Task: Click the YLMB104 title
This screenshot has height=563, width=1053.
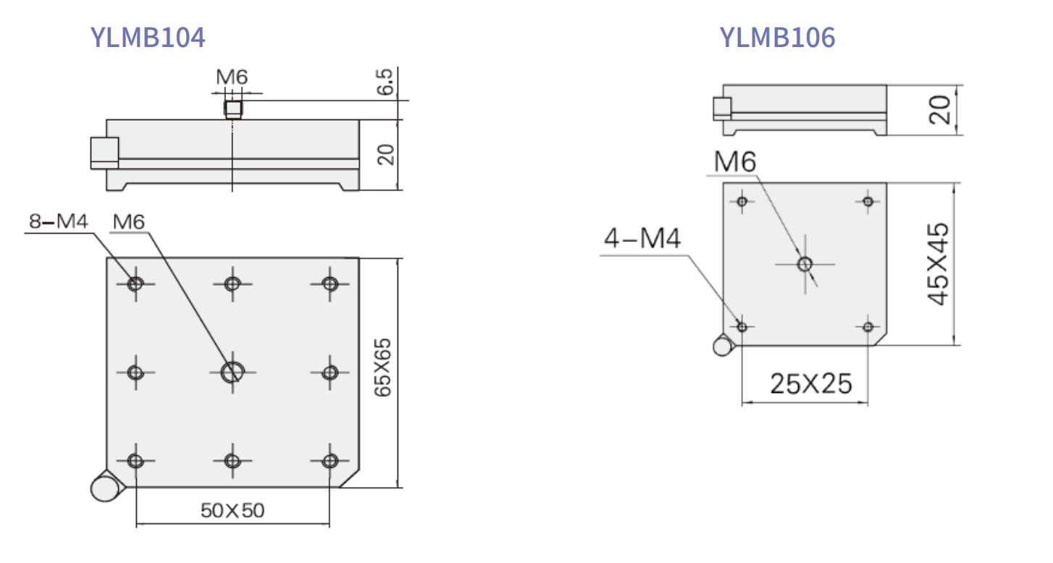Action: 147,37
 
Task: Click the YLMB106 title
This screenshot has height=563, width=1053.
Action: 777,37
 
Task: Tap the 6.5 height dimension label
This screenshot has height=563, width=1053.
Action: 385,82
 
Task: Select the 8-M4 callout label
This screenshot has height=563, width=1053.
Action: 59,221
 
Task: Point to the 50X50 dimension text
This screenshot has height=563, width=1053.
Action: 232,511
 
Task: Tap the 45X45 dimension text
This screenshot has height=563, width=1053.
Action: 939,264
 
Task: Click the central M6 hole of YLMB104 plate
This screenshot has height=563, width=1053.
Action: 232,372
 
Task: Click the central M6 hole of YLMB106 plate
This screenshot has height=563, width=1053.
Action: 805,264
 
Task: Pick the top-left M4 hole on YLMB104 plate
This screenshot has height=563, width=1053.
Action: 135,284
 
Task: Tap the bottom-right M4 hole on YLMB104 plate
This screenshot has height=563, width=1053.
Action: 330,461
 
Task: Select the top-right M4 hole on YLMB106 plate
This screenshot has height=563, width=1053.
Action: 868,201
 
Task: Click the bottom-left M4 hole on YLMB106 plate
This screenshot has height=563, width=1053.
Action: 742,327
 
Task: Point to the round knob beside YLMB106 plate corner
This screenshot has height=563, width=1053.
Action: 723,346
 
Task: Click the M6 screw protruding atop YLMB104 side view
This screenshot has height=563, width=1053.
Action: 232,110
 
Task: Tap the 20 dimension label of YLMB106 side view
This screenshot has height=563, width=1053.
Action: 940,111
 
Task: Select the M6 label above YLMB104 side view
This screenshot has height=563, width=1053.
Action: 232,77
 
